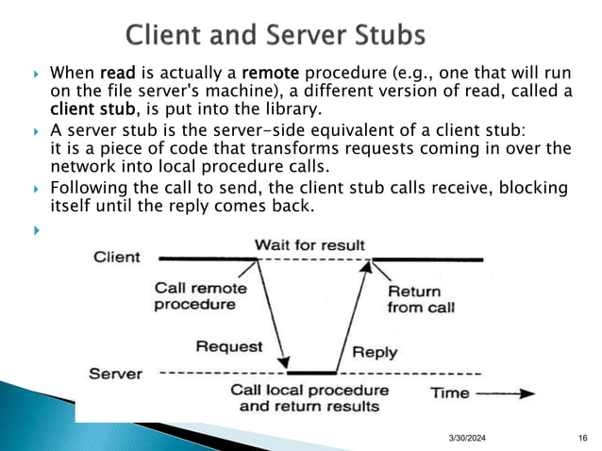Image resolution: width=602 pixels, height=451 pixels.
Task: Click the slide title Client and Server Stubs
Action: pyautogui.click(x=275, y=37)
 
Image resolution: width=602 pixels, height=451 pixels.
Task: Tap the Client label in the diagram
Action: pyautogui.click(x=117, y=258)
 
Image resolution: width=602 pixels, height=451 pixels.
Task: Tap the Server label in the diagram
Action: pyautogui.click(x=115, y=374)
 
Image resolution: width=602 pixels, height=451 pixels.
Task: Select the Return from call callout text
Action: pyautogui.click(x=422, y=299)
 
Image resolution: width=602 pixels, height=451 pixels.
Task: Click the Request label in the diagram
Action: pyautogui.click(x=228, y=346)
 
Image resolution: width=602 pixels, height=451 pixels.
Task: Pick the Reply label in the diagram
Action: pyautogui.click(x=375, y=353)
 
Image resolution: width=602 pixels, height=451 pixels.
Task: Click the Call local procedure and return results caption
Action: pyautogui.click(x=309, y=398)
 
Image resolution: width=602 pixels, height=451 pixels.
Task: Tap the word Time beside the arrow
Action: pyautogui.click(x=450, y=393)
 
